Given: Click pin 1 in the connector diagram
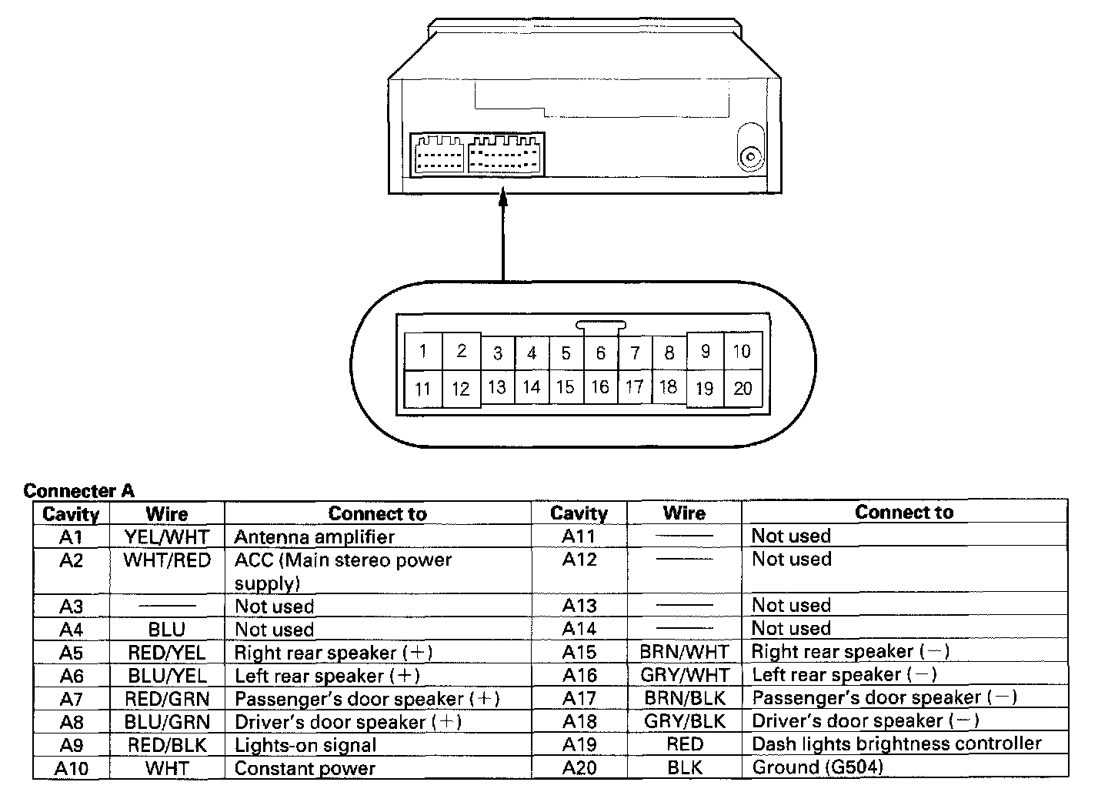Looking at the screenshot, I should point(422,352).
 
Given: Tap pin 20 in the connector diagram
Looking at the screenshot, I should point(743,388).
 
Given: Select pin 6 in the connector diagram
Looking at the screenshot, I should point(600,353).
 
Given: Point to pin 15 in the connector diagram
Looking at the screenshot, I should point(566,387).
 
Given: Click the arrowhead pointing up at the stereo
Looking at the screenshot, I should point(503,197).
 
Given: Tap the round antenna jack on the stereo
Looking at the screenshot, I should point(749,159).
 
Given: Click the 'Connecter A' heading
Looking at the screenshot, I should point(78,491).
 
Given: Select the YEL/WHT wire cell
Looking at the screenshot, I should point(167,536).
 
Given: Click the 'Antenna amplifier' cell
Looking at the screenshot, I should point(314,536).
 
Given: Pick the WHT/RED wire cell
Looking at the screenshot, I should point(167,560).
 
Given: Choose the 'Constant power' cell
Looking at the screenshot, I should point(305,768).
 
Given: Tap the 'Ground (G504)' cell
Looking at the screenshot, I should point(817,767).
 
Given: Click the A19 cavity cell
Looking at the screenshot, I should point(579,744).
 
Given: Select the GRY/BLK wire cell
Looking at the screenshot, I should point(684,721).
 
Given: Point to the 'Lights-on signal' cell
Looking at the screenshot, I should point(305,745).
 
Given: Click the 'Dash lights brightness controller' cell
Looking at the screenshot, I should point(896,744).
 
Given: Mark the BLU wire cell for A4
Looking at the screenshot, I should point(167,630).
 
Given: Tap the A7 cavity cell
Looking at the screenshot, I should point(71,699).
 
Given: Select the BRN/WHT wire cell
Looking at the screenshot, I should point(684,652).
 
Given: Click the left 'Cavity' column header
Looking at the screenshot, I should point(71,514).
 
